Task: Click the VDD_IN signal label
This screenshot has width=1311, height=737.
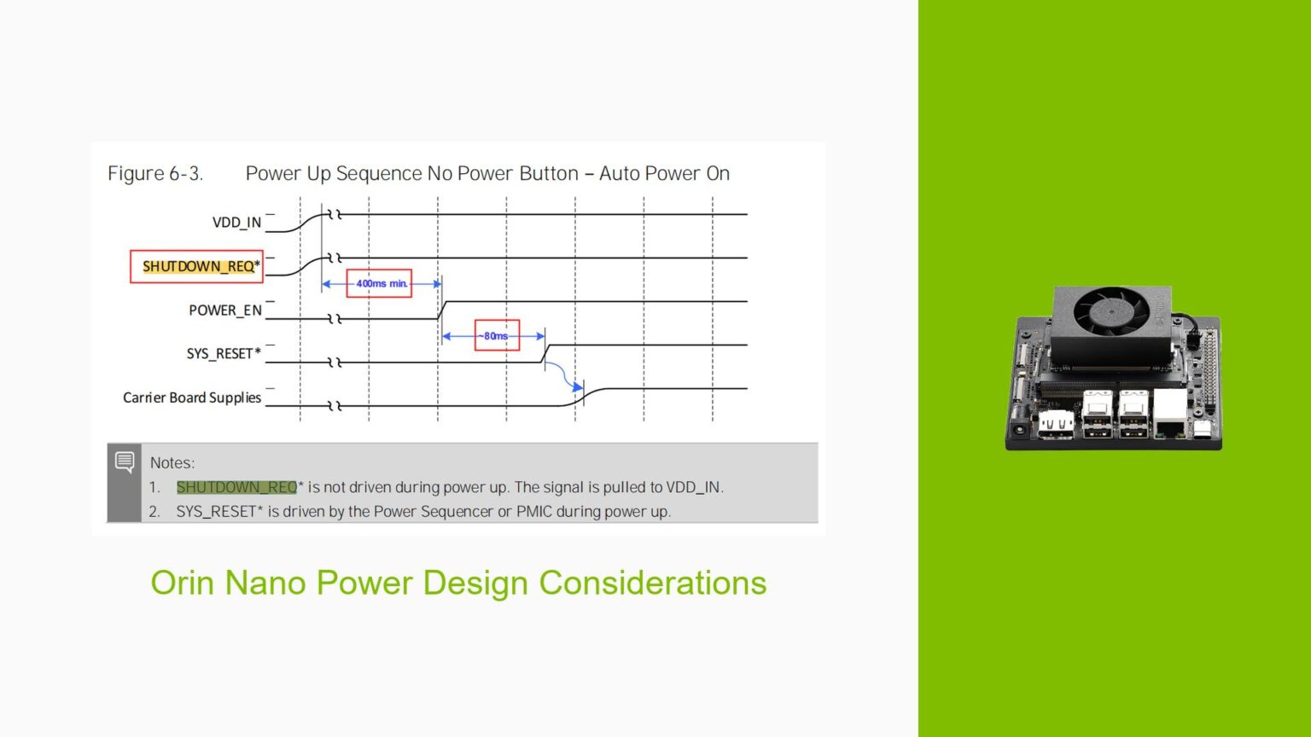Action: tap(236, 223)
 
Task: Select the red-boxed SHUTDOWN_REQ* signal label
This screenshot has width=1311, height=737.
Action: tap(197, 266)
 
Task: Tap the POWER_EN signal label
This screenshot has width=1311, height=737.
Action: tap(225, 310)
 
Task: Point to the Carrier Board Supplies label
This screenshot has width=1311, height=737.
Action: tap(192, 398)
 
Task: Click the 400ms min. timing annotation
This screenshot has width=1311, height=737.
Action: tap(380, 283)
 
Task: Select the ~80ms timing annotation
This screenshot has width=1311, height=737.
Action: tap(496, 336)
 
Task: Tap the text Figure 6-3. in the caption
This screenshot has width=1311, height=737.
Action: tap(155, 174)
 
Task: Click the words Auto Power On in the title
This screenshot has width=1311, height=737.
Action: tap(664, 174)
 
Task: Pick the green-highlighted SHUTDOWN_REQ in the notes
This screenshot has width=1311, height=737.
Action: tap(236, 487)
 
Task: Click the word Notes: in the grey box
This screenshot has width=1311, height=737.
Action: tap(172, 463)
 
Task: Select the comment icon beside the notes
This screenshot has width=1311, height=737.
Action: tap(125, 461)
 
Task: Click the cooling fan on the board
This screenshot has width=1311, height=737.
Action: tap(1110, 310)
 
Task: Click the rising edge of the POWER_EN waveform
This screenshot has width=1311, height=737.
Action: tap(441, 310)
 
